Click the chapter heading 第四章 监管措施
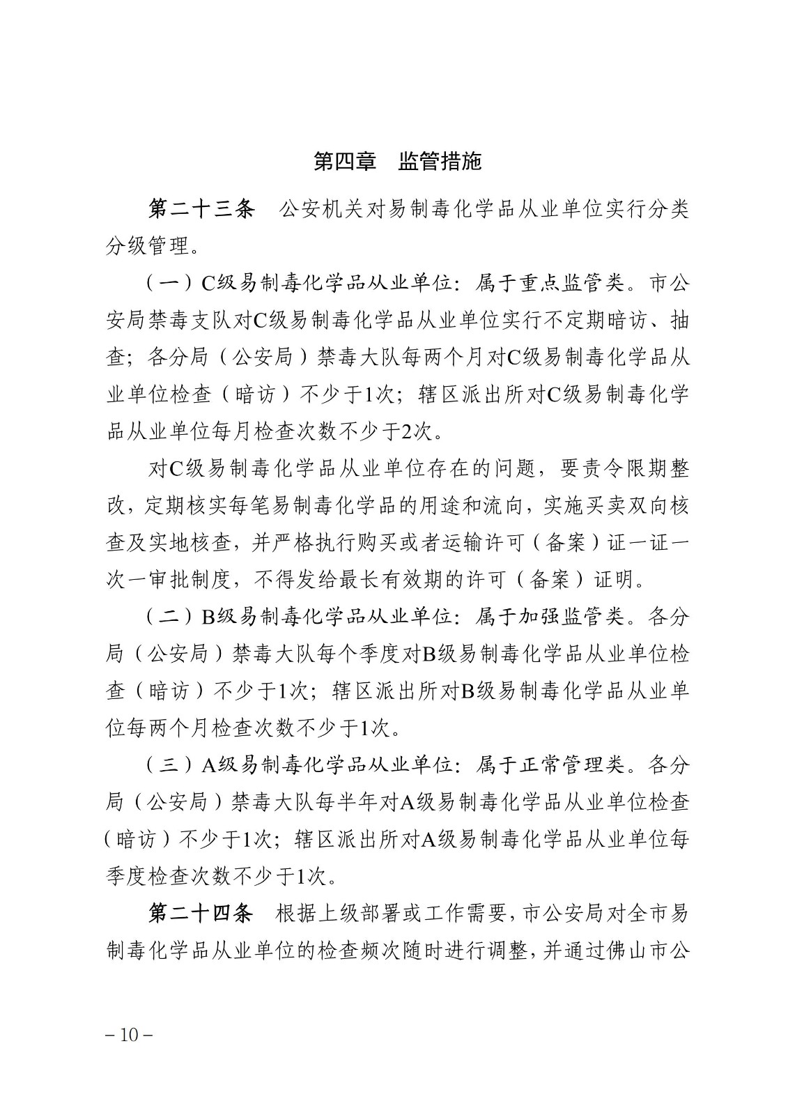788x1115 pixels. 397,162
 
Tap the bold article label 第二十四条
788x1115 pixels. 202,914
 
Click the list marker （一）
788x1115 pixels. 170,284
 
